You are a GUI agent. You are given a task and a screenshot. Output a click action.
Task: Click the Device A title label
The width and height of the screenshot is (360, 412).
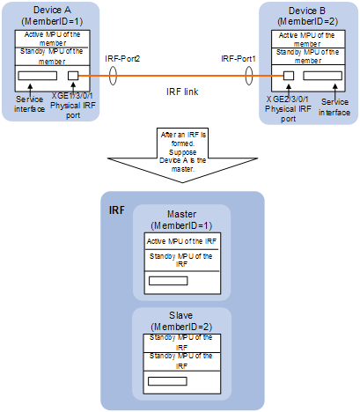pos(52,10)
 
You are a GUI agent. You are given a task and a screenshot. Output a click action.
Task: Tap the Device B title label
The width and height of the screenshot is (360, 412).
pos(307,11)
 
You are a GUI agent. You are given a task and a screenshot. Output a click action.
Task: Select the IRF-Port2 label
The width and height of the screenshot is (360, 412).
pos(122,59)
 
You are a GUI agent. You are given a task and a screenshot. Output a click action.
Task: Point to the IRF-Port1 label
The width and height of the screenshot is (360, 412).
pos(239,59)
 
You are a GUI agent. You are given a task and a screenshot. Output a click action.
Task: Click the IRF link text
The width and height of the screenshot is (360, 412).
pos(182,92)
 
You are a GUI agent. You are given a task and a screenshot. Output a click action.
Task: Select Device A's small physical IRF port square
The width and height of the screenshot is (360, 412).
pos(73,76)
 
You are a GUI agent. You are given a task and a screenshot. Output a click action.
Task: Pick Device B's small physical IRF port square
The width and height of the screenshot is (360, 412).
pos(289,76)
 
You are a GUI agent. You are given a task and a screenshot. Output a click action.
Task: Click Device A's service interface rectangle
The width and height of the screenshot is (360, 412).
pos(37,76)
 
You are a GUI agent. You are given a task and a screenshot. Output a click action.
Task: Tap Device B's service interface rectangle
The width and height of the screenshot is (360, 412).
pos(322,76)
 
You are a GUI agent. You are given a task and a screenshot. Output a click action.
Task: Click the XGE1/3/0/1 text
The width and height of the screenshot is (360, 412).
pos(72,96)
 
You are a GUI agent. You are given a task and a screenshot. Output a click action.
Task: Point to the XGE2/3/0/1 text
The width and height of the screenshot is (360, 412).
pos(287,99)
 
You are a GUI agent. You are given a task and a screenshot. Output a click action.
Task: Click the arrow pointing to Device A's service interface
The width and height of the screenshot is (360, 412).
pos(30,90)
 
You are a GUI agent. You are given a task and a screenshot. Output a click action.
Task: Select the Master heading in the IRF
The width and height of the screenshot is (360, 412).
pos(181,214)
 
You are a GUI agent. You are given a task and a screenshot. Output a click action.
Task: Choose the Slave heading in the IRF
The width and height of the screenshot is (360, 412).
pos(180,315)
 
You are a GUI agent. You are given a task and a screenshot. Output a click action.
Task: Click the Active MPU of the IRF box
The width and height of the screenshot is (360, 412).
pos(181,241)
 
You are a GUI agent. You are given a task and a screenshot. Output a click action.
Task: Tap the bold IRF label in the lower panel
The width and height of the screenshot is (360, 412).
pos(117,210)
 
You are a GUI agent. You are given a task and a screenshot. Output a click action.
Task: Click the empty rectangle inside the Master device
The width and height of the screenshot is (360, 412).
pos(168,281)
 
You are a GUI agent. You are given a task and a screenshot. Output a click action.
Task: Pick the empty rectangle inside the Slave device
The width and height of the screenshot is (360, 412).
pos(167,381)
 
